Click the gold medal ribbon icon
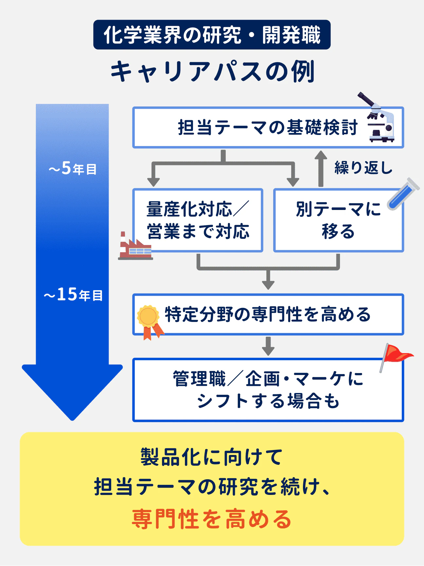click(149, 321)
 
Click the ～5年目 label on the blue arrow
click(72, 169)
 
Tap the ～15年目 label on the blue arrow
click(73, 294)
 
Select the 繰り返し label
click(363, 168)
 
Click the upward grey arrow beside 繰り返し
click(321, 168)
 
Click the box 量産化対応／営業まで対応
click(198, 220)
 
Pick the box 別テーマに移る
click(338, 220)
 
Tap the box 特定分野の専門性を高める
click(268, 314)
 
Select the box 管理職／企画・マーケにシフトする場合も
click(268, 390)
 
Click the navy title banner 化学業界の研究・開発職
click(212, 35)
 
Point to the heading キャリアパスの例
click(212, 71)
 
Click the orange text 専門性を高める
click(212, 519)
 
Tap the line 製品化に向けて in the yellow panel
click(212, 457)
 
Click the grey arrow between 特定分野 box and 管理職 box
click(268, 346)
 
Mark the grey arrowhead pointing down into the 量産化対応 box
click(153, 181)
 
